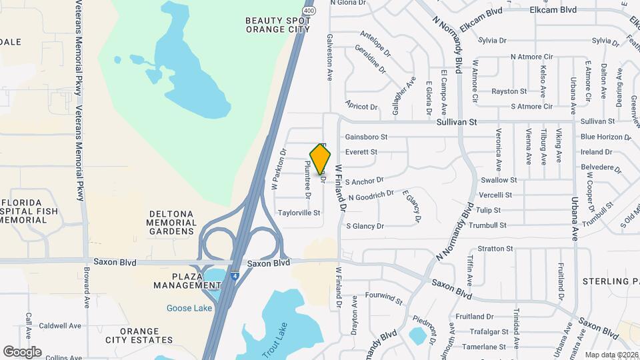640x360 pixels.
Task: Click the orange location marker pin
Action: pyautogui.click(x=321, y=159)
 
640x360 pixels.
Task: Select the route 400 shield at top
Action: pyautogui.click(x=308, y=11)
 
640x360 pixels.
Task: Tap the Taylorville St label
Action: pyautogui.click(x=299, y=213)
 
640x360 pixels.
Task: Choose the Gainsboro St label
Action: pyautogui.click(x=366, y=137)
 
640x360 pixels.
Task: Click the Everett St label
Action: pyautogui.click(x=361, y=152)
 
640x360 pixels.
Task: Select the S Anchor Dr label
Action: pyautogui.click(x=365, y=180)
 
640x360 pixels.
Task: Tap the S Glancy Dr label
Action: pyautogui.click(x=365, y=226)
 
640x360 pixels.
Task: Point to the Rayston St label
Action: pyautogui.click(x=509, y=91)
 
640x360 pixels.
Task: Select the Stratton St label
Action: pyautogui.click(x=495, y=249)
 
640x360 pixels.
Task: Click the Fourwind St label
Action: pyautogui.click(x=385, y=297)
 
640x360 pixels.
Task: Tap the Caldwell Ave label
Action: pyautogui.click(x=60, y=326)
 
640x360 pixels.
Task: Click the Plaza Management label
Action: pyautogui.click(x=178, y=281)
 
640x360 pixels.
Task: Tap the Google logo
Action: pyautogui.click(x=22, y=352)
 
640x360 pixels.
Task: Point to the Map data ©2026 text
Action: pyautogui.click(x=611, y=355)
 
